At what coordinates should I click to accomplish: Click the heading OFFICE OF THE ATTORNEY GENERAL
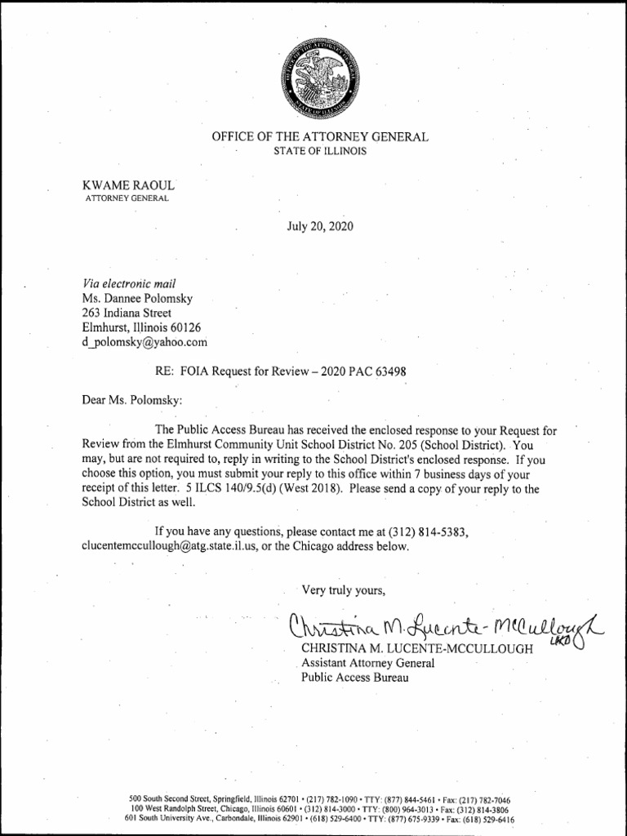pyautogui.click(x=320, y=138)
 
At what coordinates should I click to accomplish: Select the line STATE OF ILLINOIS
pyautogui.click(x=320, y=152)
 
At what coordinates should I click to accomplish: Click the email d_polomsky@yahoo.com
pyautogui.click(x=145, y=342)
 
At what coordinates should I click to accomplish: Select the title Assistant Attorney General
pyautogui.click(x=368, y=663)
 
